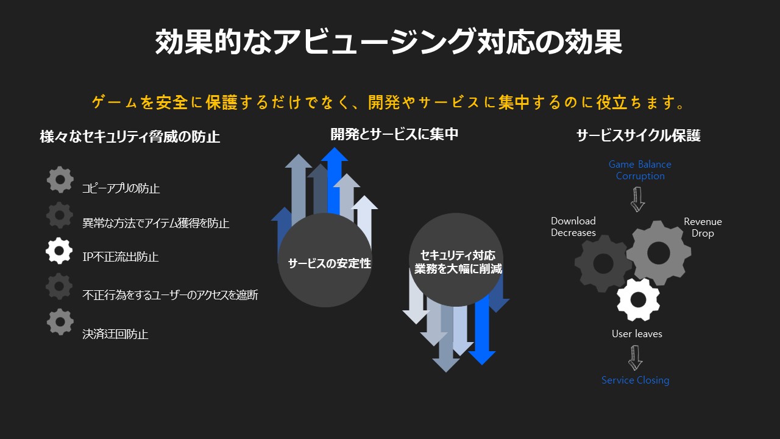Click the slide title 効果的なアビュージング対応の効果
click(x=389, y=42)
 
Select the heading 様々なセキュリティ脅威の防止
click(x=130, y=137)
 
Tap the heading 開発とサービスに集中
click(x=394, y=134)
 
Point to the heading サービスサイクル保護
click(x=638, y=135)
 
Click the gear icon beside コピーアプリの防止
click(x=60, y=179)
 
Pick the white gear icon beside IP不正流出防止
click(x=59, y=251)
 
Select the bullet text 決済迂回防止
click(x=115, y=334)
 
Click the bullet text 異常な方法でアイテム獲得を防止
click(x=155, y=223)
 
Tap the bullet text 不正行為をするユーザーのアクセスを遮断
click(x=170, y=294)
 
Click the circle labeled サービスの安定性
click(x=325, y=260)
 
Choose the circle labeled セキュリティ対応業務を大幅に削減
click(x=456, y=260)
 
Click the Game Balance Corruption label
click(x=640, y=170)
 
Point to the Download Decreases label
click(x=573, y=226)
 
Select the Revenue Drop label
click(x=703, y=227)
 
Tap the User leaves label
click(x=637, y=334)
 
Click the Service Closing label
click(x=635, y=380)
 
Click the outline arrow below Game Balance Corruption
click(x=637, y=199)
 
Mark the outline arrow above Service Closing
click(x=636, y=358)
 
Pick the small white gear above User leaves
click(x=638, y=299)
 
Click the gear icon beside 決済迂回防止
click(x=60, y=322)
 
